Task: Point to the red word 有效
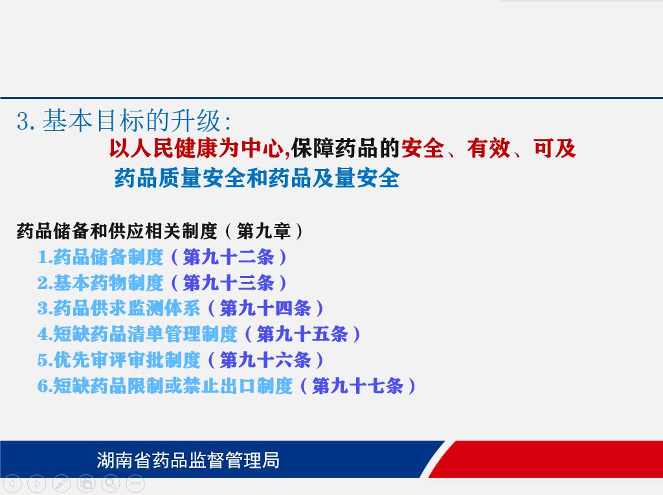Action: click(488, 148)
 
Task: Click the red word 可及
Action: click(554, 148)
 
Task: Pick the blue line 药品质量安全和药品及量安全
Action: click(256, 178)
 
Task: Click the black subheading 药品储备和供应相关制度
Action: click(117, 231)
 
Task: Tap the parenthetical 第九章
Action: click(264, 231)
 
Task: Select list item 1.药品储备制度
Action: click(100, 257)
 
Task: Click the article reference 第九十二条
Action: click(229, 257)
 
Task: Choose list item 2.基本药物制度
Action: click(100, 282)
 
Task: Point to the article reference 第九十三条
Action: click(229, 282)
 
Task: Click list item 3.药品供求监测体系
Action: click(119, 308)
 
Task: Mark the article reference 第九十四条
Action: click(265, 308)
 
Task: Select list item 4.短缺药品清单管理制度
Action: click(137, 334)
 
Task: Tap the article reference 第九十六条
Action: click(265, 360)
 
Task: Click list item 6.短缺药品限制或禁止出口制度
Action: click(165, 386)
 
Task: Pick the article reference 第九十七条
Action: click(357, 386)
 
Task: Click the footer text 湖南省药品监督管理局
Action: click(188, 460)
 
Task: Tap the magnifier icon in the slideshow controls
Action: click(111, 483)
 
